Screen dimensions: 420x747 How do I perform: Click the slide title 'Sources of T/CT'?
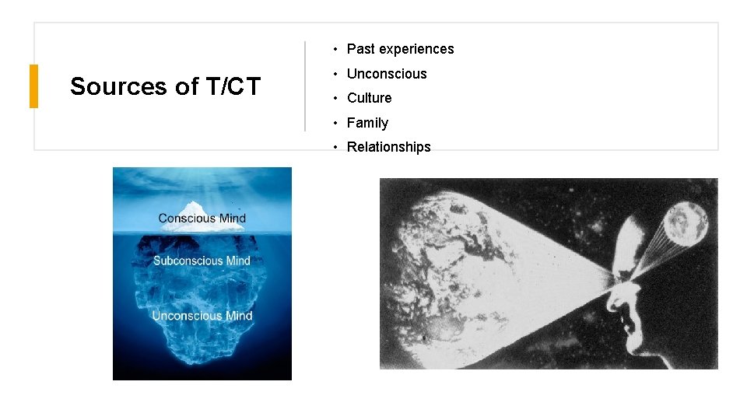pos(165,86)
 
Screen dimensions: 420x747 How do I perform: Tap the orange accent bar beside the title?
pos(33,86)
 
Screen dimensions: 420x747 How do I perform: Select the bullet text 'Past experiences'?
pos(400,49)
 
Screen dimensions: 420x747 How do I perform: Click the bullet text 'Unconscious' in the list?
pos(387,74)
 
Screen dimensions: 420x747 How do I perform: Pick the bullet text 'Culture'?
pos(369,98)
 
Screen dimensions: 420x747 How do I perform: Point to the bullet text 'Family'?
pos(367,123)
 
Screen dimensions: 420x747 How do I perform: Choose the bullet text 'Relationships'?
pos(388,147)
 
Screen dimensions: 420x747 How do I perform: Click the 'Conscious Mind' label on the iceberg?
pos(202,219)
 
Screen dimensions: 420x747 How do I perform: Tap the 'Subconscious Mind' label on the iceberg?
pos(202,261)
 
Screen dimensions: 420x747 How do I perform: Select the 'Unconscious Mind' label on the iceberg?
pos(202,316)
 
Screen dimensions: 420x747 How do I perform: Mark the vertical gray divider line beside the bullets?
pos(304,86)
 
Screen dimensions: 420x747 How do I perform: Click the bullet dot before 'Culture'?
pos(335,98)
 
